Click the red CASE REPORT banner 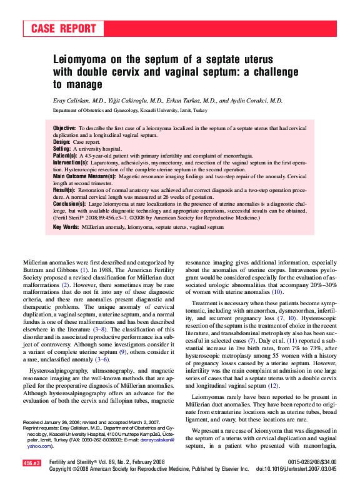(x=63, y=29)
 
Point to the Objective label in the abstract (x=64, y=128)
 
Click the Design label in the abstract (x=62, y=142)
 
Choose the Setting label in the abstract (x=62, y=149)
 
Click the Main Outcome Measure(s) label (x=84, y=176)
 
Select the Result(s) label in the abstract (x=64, y=190)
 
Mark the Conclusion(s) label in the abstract (x=69, y=204)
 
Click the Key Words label (x=66, y=227)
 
